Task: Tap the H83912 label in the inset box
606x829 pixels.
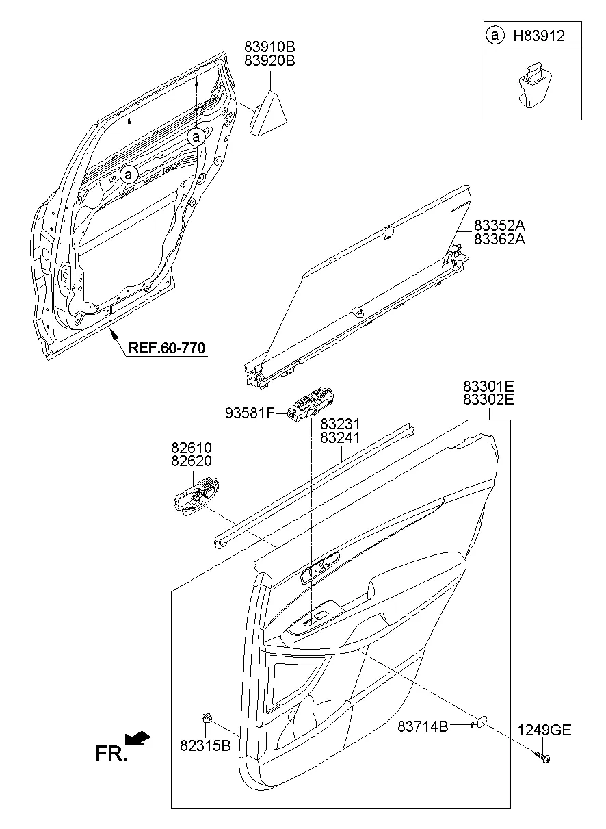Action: click(539, 36)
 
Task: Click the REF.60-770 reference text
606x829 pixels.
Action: click(166, 348)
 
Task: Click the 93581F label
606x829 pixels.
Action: click(250, 413)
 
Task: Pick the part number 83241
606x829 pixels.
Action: click(341, 439)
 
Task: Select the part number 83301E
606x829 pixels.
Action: click(488, 386)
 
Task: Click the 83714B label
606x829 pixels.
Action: click(423, 726)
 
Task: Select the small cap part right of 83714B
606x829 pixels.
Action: click(480, 720)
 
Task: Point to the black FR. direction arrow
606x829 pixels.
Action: click(139, 738)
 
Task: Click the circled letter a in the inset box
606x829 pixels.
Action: click(494, 36)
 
